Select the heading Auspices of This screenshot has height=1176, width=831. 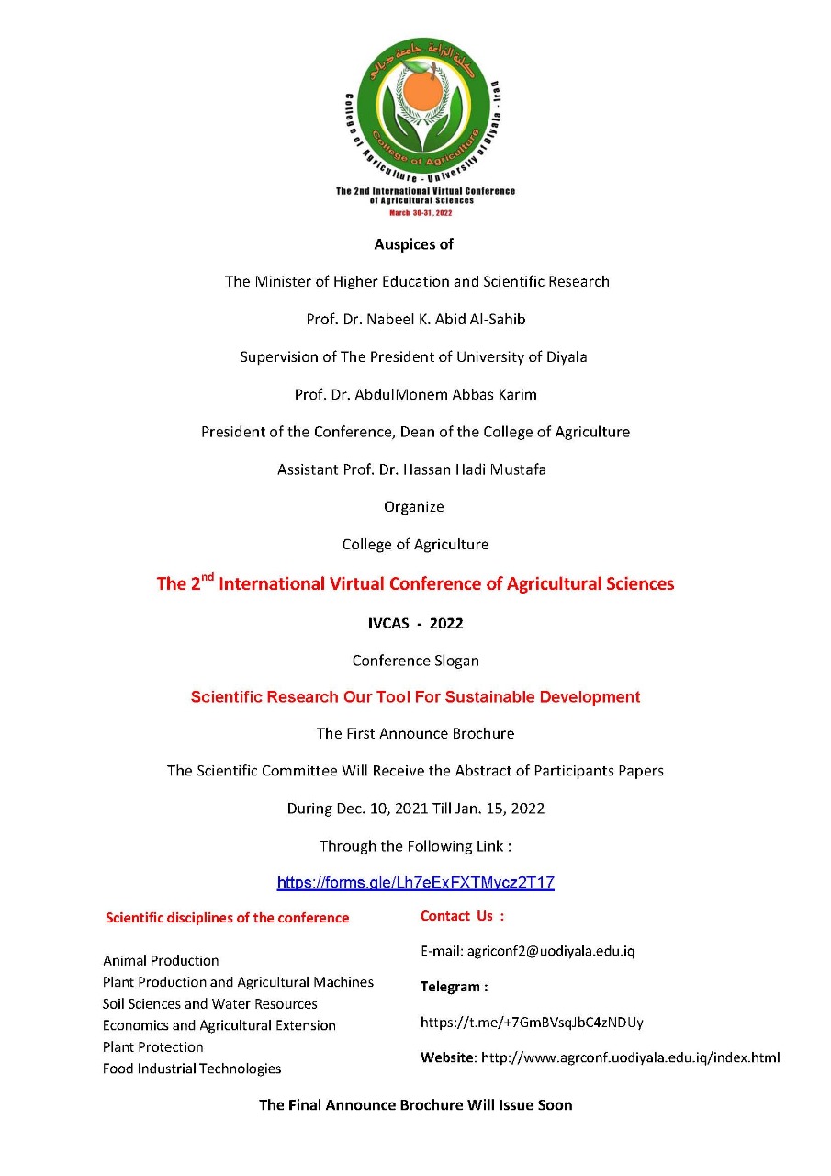[x=414, y=244]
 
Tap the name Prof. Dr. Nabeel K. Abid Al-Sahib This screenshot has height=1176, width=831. [x=415, y=320]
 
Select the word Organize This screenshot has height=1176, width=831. [x=414, y=506]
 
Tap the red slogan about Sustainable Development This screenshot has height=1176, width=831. [x=415, y=696]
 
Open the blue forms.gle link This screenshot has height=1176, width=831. [x=415, y=883]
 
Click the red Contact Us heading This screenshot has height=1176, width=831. [x=462, y=916]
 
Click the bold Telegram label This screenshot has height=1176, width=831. [x=454, y=987]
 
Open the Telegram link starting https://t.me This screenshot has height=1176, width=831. [x=532, y=1022]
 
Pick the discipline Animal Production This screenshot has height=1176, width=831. [x=161, y=960]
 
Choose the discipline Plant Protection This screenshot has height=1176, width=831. [x=153, y=1046]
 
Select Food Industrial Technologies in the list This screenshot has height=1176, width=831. [x=192, y=1069]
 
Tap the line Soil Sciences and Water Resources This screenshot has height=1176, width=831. [x=210, y=1003]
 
